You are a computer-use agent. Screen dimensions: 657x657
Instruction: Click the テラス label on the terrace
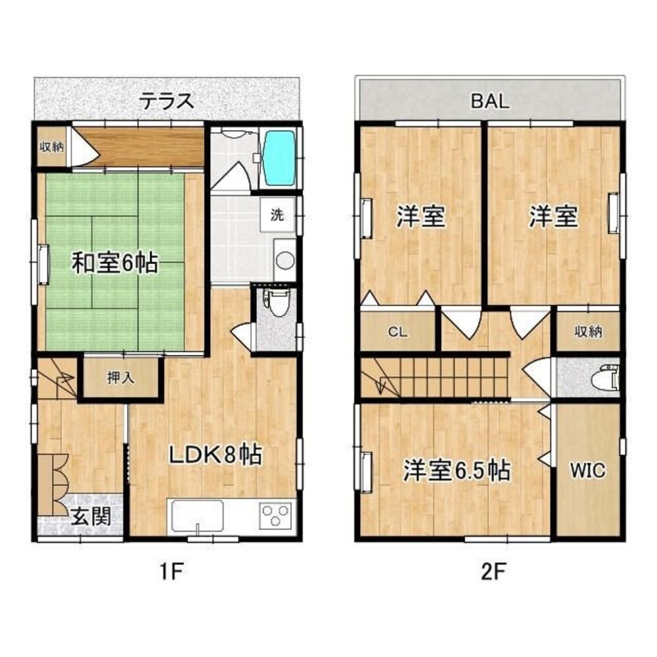point(167,101)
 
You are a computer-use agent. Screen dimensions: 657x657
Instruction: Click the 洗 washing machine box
point(277,214)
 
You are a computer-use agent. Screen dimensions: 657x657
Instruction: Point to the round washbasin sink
point(284,260)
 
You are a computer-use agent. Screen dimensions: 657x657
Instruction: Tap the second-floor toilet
point(604,378)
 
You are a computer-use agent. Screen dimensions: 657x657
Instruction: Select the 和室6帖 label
point(114,263)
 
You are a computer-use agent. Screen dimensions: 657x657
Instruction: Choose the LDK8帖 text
point(216,454)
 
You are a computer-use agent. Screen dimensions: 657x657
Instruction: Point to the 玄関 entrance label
point(90,517)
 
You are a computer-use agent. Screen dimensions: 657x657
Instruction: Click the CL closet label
point(397,332)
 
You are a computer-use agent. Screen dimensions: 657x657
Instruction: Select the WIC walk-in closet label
point(587,470)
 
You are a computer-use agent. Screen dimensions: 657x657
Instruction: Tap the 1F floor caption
point(168,571)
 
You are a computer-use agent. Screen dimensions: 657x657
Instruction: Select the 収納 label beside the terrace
point(51,147)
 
